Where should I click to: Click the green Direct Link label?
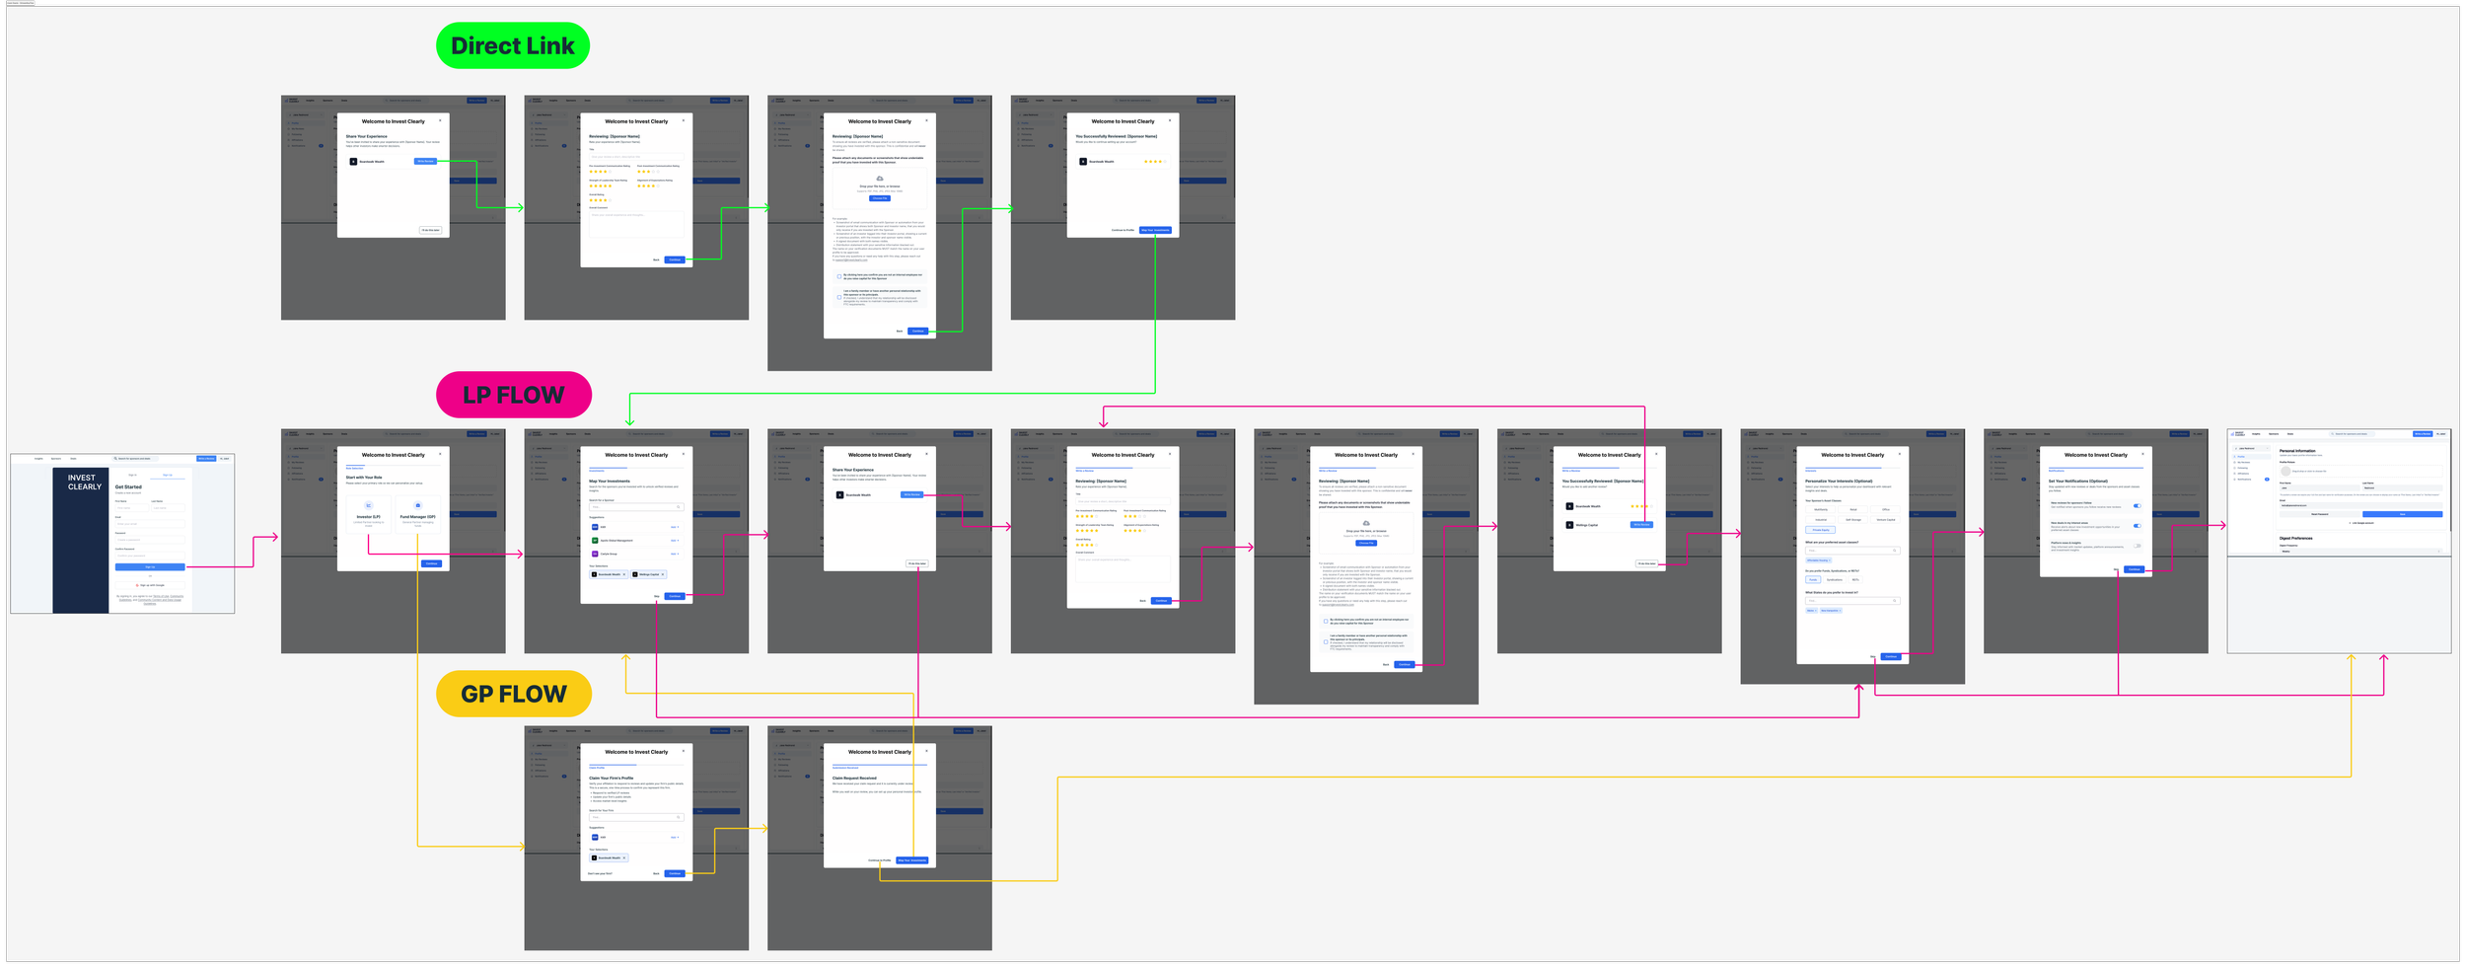[x=512, y=45]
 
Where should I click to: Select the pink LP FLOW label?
[x=513, y=395]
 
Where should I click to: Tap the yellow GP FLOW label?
[x=513, y=694]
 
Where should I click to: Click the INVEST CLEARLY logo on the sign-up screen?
[x=84, y=482]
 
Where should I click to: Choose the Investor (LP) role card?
[x=368, y=512]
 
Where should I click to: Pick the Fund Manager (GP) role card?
[x=417, y=512]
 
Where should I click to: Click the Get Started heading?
[x=128, y=486]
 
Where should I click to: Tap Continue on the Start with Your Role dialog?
[x=431, y=563]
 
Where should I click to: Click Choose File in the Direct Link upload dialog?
[x=879, y=198]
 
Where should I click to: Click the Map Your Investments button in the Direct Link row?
[x=1155, y=230]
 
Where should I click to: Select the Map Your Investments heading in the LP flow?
[x=610, y=482]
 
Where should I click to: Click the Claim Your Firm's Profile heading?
[x=611, y=779]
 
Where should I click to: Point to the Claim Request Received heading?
[x=854, y=779]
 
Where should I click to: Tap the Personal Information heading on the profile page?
[x=2297, y=451]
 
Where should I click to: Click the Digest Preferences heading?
[x=2295, y=538]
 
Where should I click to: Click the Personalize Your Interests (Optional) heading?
[x=1839, y=482]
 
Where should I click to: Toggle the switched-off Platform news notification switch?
[x=2137, y=546]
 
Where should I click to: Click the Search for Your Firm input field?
[x=636, y=817]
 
